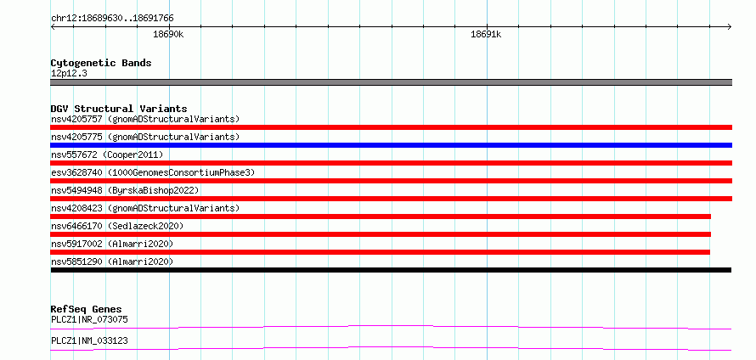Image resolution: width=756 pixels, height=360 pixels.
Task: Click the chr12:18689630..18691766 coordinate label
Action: pyautogui.click(x=112, y=19)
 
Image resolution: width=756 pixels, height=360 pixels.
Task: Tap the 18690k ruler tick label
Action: pyautogui.click(x=168, y=34)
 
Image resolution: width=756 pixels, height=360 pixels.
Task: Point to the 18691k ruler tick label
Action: pyautogui.click(x=486, y=34)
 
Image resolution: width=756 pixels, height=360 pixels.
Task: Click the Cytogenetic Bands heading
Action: pyautogui.click(x=101, y=63)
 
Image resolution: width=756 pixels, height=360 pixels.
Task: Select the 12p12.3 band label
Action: pyautogui.click(x=69, y=74)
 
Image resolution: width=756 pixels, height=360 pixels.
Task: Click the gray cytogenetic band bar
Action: pyautogui.click(x=391, y=82)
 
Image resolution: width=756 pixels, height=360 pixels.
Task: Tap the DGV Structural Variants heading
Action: pyautogui.click(x=119, y=109)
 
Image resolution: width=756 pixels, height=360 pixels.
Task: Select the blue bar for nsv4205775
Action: pyautogui.click(x=391, y=145)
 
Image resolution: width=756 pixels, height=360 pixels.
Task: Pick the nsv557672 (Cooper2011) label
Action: pyautogui.click(x=107, y=155)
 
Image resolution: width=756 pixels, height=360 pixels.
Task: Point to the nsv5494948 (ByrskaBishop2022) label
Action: pyautogui.click(x=125, y=190)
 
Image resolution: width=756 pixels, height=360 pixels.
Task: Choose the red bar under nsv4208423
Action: pyautogui.click(x=381, y=217)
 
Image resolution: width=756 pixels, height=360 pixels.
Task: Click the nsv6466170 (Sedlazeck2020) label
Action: pyautogui.click(x=117, y=226)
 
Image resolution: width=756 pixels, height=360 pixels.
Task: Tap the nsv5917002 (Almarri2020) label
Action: pyautogui.click(x=112, y=244)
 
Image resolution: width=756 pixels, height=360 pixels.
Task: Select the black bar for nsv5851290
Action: pyautogui.click(x=391, y=270)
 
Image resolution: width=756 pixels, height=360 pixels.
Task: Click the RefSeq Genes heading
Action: pyautogui.click(x=87, y=309)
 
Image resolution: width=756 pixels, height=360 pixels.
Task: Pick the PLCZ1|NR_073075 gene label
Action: pyautogui.click(x=89, y=319)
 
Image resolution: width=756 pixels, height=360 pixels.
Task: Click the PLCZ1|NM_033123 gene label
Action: pyautogui.click(x=89, y=341)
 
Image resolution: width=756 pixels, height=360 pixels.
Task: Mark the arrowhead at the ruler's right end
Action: pyautogui.click(x=731, y=27)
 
